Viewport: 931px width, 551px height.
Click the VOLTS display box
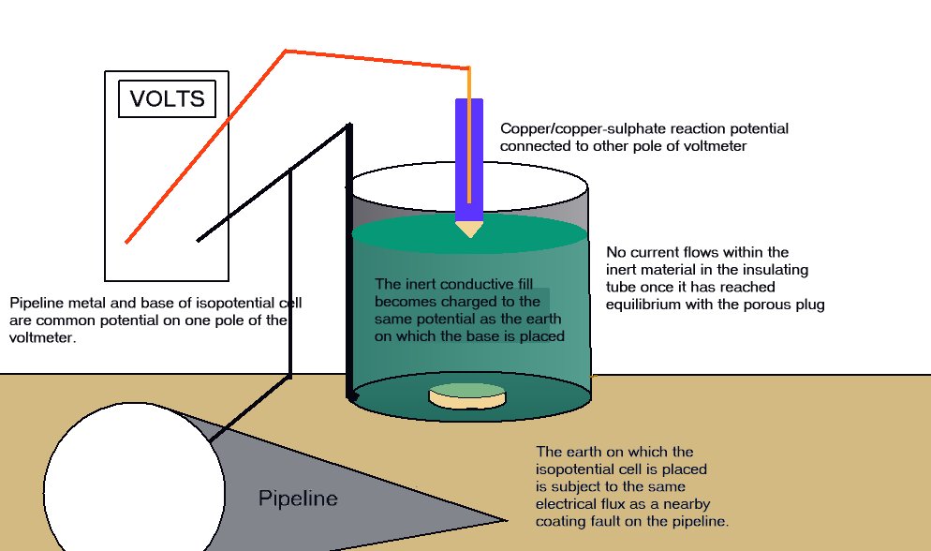point(167,98)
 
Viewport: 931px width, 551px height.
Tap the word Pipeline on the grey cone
point(297,499)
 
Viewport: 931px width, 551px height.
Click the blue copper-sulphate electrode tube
point(468,159)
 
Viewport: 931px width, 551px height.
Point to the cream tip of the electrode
point(468,229)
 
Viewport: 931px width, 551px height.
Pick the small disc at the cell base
point(466,395)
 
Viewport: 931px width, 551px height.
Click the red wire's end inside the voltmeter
point(127,242)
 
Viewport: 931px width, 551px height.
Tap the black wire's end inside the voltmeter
point(199,240)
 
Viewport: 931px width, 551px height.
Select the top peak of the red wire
point(285,51)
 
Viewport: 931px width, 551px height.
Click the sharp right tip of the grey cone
point(506,520)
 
